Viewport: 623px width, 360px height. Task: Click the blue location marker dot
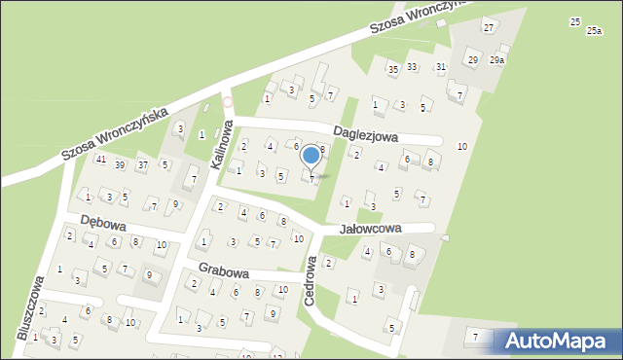tap(311, 155)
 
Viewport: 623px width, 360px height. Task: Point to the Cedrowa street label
tap(311, 281)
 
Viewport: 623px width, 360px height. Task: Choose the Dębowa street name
tap(105, 221)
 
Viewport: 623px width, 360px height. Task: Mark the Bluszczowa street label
tap(29, 307)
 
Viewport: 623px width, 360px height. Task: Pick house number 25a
tap(594, 31)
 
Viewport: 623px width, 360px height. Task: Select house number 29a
tap(497, 60)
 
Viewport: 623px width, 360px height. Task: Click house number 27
tap(489, 27)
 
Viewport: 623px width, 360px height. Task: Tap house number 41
tap(100, 160)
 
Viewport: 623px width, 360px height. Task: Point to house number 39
tap(120, 164)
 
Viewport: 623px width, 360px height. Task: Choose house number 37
tap(142, 164)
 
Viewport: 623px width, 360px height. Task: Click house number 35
tap(392, 69)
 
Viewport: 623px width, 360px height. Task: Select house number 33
tap(412, 66)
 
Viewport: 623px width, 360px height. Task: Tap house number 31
tap(441, 66)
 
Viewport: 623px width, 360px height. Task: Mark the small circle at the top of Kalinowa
tap(228, 101)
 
